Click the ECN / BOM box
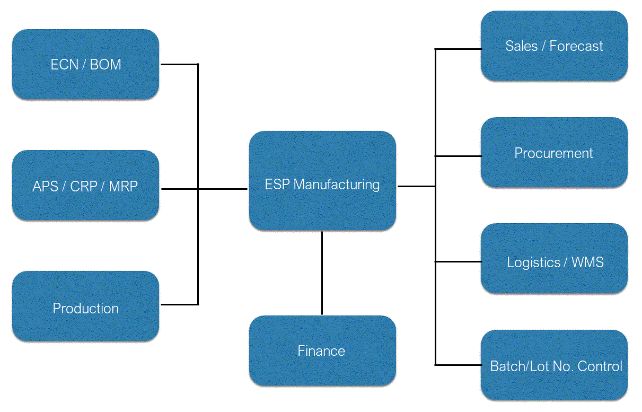[x=85, y=65]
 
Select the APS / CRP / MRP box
[x=85, y=186]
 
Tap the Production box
[x=85, y=308]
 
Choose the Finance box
[x=322, y=351]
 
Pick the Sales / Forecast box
[x=554, y=46]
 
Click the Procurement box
[x=554, y=153]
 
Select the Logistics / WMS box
[x=554, y=262]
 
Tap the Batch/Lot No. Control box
[x=554, y=366]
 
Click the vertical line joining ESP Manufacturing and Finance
[x=322, y=273]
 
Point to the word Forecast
[x=576, y=46]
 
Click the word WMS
[x=587, y=262]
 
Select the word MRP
[x=123, y=186]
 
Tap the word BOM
[x=105, y=65]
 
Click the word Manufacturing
[x=336, y=185]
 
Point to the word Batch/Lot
[x=515, y=366]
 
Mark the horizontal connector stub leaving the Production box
[x=179, y=304]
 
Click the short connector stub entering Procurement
[x=458, y=156]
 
